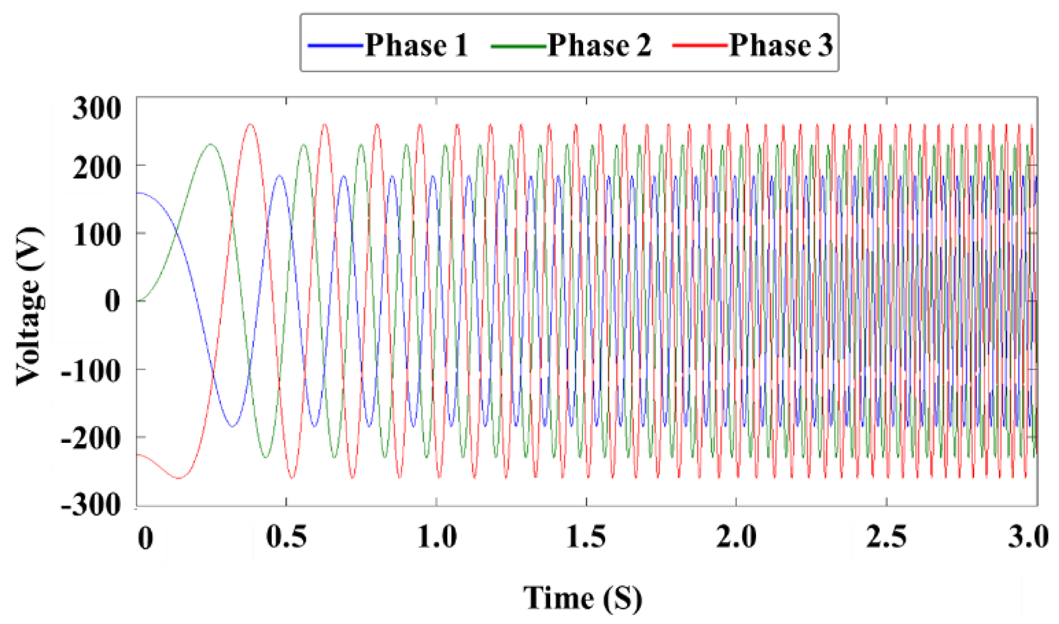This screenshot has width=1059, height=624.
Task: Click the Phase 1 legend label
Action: coord(416,45)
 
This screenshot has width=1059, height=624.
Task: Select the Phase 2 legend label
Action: coord(599,45)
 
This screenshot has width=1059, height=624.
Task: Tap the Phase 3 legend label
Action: coord(781,45)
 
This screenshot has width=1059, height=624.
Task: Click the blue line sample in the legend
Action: coord(336,46)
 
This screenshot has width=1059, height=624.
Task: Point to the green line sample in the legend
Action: coord(518,46)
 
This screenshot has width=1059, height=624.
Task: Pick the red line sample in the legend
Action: coord(700,46)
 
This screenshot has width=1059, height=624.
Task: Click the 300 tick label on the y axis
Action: coord(97,109)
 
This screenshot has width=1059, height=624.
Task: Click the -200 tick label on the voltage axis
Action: coord(91,438)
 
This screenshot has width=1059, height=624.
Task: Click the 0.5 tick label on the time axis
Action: coord(287,536)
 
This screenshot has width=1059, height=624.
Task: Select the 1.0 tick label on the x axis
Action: coord(437,536)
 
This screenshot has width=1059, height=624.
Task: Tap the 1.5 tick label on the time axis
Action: coord(586,536)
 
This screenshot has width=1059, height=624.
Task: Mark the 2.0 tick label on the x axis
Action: coord(736,536)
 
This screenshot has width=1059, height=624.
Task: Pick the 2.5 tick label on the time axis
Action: coord(886,536)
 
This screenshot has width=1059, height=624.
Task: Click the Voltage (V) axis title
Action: coord(30,306)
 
